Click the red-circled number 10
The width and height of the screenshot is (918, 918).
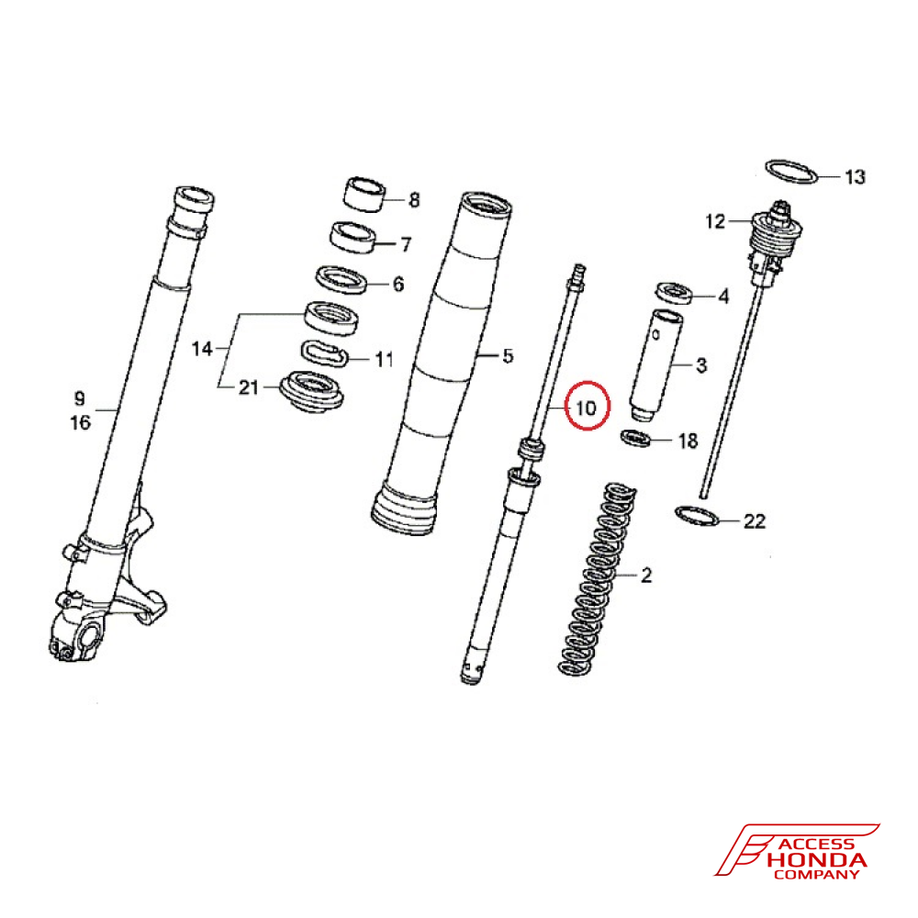point(586,407)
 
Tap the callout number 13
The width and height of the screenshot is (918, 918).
point(854,176)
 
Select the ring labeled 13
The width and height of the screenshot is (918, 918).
point(791,171)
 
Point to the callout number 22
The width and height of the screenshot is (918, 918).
point(754,521)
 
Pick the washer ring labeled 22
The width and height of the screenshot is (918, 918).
point(697,516)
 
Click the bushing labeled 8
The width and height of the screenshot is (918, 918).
point(364,193)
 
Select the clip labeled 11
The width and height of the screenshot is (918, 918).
point(324,353)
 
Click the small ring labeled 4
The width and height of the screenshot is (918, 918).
point(673,292)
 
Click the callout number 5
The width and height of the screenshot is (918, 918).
point(509,355)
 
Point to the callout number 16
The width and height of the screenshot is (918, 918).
point(80,422)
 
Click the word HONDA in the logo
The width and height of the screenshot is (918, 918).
point(816,861)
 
